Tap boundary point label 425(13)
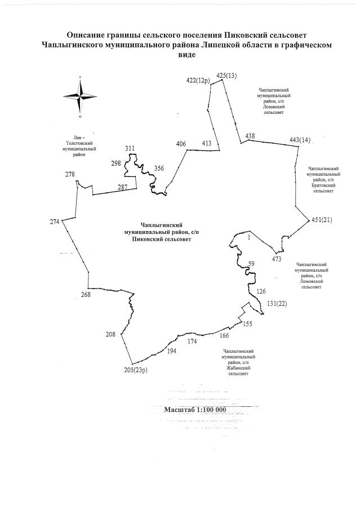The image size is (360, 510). pos(226,76)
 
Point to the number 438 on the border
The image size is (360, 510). pos(250,136)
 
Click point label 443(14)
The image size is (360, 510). pos(300,139)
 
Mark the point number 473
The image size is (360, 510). pos(276,259)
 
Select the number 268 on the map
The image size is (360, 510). pos(86,295)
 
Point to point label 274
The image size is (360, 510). pos(54,221)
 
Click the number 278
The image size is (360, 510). pos(70,174)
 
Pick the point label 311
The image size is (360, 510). pos(130,149)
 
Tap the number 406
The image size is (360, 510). pos(181,144)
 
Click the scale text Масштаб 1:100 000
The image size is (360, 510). pos(194,410)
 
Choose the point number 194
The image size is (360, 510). pos(172,351)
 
